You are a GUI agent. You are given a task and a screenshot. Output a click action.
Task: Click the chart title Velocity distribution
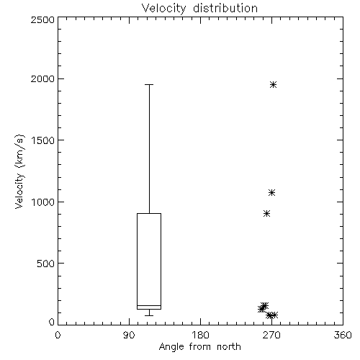(x=199, y=9)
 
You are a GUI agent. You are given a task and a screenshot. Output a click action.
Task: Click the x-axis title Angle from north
(x=199, y=347)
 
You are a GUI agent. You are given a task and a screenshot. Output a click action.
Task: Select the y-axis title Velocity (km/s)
(x=19, y=171)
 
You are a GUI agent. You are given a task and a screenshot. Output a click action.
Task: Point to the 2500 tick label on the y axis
(x=42, y=19)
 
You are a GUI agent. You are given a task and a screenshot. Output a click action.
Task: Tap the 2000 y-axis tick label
(x=42, y=78)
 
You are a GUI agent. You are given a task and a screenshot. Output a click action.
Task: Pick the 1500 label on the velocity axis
(x=43, y=140)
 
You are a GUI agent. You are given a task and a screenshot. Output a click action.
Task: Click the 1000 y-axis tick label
(x=43, y=202)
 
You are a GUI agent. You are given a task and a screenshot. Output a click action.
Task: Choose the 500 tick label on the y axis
(x=46, y=264)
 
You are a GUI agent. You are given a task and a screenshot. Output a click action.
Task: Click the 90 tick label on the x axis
(x=129, y=335)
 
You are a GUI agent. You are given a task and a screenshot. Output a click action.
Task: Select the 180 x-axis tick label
(x=200, y=335)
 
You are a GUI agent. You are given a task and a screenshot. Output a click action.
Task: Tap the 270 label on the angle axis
(x=271, y=335)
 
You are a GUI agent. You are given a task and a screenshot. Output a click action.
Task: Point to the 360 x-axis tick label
(x=343, y=335)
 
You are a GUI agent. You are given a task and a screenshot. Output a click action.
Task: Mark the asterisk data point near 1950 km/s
(x=273, y=84)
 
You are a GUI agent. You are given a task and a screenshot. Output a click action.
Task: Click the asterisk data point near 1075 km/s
(x=271, y=192)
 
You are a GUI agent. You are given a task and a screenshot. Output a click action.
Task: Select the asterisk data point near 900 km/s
(x=266, y=213)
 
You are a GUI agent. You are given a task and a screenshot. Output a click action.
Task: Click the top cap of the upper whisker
(x=149, y=84)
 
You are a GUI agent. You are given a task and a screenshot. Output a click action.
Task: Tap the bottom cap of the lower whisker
(x=149, y=315)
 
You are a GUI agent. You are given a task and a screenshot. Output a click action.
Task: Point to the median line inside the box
(x=149, y=305)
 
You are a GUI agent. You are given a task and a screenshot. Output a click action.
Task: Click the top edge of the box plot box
(x=149, y=213)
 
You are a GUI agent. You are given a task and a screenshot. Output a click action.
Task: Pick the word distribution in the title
(x=225, y=9)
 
